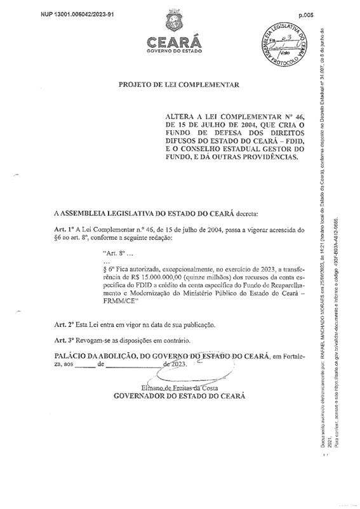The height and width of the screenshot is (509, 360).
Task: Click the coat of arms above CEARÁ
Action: coord(172,23)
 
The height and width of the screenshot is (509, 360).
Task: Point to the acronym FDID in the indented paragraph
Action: coord(137,286)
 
